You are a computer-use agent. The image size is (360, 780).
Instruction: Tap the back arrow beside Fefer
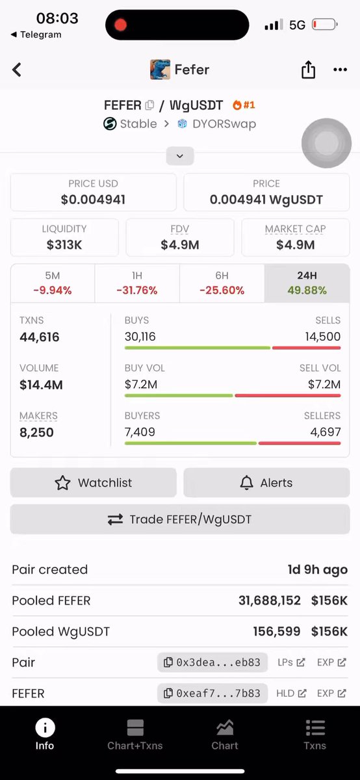click(17, 70)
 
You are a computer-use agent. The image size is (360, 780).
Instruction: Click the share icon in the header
click(308, 70)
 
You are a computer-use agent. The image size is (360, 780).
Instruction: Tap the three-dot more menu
click(340, 70)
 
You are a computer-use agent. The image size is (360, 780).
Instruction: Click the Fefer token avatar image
click(160, 70)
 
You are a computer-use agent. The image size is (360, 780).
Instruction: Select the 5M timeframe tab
click(53, 283)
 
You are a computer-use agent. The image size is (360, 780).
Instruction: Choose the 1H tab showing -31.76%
click(137, 283)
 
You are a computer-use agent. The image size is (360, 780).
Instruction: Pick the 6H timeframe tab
click(222, 283)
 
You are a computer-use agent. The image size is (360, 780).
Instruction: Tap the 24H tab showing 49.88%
click(307, 283)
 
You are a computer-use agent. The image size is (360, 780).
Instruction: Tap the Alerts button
click(266, 482)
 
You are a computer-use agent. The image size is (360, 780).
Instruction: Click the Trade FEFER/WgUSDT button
click(180, 519)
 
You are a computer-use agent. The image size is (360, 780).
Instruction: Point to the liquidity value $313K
click(64, 245)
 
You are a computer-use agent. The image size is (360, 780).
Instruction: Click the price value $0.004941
click(93, 200)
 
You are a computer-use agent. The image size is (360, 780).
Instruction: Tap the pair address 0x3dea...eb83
click(212, 662)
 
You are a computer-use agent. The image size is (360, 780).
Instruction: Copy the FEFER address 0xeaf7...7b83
click(212, 694)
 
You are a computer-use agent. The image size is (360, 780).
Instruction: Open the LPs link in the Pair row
click(291, 662)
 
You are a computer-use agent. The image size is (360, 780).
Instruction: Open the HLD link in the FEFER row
click(291, 694)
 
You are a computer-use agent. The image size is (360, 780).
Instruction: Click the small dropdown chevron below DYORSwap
click(180, 156)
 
